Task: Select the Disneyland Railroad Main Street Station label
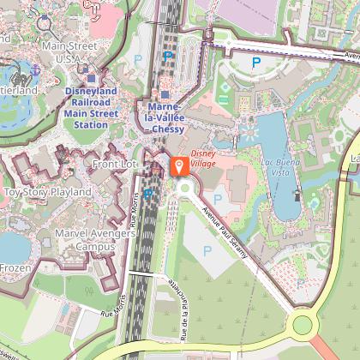(91, 106)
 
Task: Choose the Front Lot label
(115, 163)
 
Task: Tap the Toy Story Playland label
(47, 192)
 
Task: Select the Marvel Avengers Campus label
(84, 239)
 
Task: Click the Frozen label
(15, 267)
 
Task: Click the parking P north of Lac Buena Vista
(255, 63)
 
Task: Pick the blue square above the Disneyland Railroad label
(91, 78)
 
